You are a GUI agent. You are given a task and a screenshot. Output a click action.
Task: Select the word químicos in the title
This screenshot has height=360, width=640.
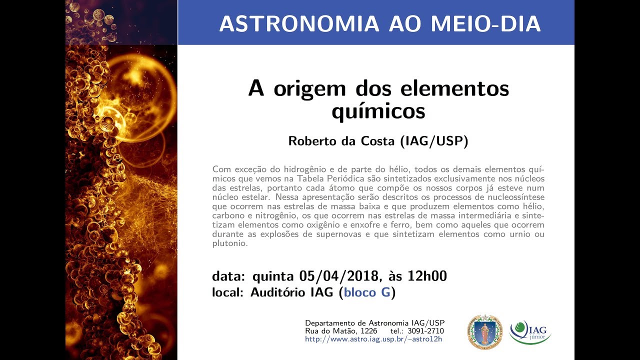[378, 110]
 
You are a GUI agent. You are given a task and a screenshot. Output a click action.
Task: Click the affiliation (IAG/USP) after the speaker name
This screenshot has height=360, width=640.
[434, 141]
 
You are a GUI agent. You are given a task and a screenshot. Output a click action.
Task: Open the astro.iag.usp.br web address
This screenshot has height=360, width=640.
[373, 339]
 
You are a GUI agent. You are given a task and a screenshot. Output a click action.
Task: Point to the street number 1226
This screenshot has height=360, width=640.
[366, 331]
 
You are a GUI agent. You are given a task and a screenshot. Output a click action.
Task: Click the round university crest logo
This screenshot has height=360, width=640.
[484, 332]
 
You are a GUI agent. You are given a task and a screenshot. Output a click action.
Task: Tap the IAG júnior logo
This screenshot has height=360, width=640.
[530, 332]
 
